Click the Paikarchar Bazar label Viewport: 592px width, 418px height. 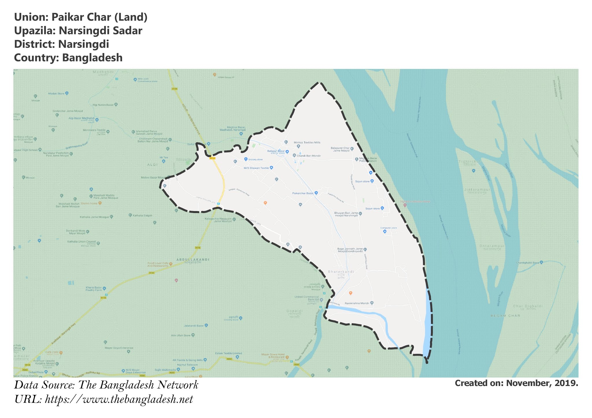303,193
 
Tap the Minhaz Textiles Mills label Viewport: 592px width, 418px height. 307,143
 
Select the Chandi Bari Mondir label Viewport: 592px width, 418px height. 309,156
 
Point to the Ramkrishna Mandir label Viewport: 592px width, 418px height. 357,304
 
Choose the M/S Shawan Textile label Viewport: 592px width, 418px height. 256,168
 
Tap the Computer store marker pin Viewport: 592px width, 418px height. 385,232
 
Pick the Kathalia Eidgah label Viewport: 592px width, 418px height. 142,216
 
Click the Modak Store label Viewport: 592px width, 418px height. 56,94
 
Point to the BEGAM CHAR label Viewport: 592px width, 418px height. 505,316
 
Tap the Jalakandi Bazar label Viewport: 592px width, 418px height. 194,326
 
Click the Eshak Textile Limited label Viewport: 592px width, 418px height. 229,353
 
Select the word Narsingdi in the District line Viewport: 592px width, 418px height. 84,44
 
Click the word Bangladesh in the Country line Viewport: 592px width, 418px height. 92,58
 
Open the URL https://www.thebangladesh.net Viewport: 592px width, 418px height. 119,400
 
